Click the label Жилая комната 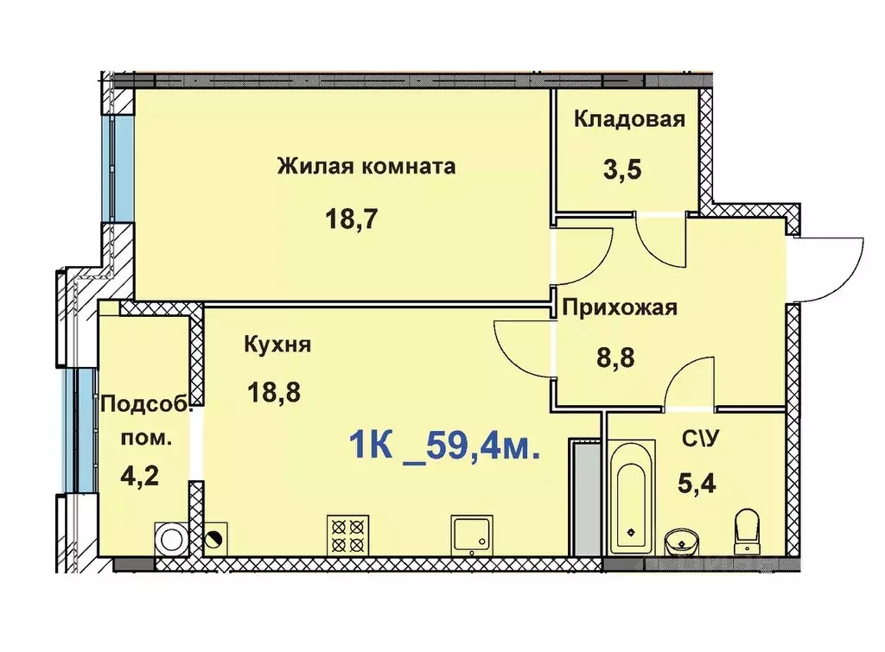366,166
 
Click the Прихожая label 620,307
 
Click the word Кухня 277,345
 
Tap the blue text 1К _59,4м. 445,447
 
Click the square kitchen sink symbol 470,535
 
